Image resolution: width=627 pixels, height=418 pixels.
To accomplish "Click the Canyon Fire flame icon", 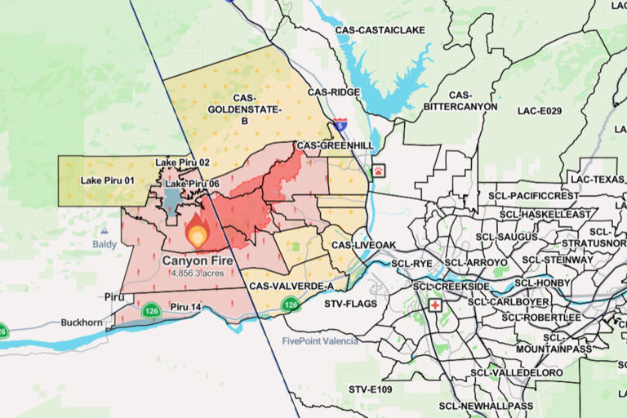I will pos(198,233).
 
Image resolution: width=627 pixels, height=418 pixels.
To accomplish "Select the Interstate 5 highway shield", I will pos(340,127).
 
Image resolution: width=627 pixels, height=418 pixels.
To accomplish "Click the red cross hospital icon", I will pos(435,305).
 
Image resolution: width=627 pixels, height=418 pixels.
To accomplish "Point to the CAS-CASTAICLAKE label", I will pos(380,30).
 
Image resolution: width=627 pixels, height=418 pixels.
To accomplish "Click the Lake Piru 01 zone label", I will pos(106,180).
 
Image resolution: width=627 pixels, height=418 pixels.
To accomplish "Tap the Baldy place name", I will pos(104,244).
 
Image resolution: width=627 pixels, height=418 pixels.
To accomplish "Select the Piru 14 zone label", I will pos(185,307).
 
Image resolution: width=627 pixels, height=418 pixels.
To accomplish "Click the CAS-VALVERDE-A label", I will pos(291,287).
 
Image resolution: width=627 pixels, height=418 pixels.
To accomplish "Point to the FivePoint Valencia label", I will pos(320,340).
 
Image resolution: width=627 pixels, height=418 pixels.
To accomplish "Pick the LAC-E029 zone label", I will pos(539,110).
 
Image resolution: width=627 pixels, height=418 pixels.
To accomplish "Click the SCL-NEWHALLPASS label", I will pos(486,406).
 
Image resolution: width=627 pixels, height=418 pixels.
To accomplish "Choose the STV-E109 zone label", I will pos(370,389).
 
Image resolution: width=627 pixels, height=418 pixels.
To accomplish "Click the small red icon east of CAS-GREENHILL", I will pos(379,171).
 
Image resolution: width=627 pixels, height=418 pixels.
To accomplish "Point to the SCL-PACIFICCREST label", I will pos(533,197).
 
